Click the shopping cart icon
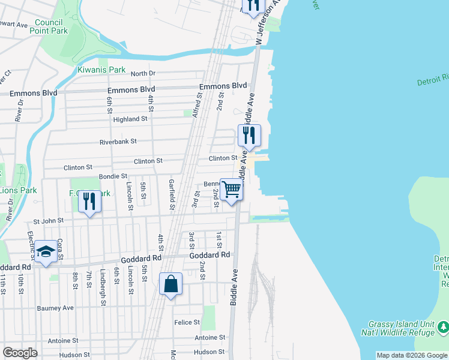pos(232,190)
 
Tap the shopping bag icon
pos(170,284)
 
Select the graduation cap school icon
pos(46,251)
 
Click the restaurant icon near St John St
pos(89,202)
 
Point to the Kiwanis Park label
pos(101,70)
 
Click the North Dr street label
pos(143,73)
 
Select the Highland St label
pos(130,119)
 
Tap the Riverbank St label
pos(118,142)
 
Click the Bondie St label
pos(112,176)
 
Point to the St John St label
pos(48,221)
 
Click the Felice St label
pos(187,322)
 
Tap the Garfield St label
pos(172,195)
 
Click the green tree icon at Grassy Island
pos(443,327)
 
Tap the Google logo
pos(20,353)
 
